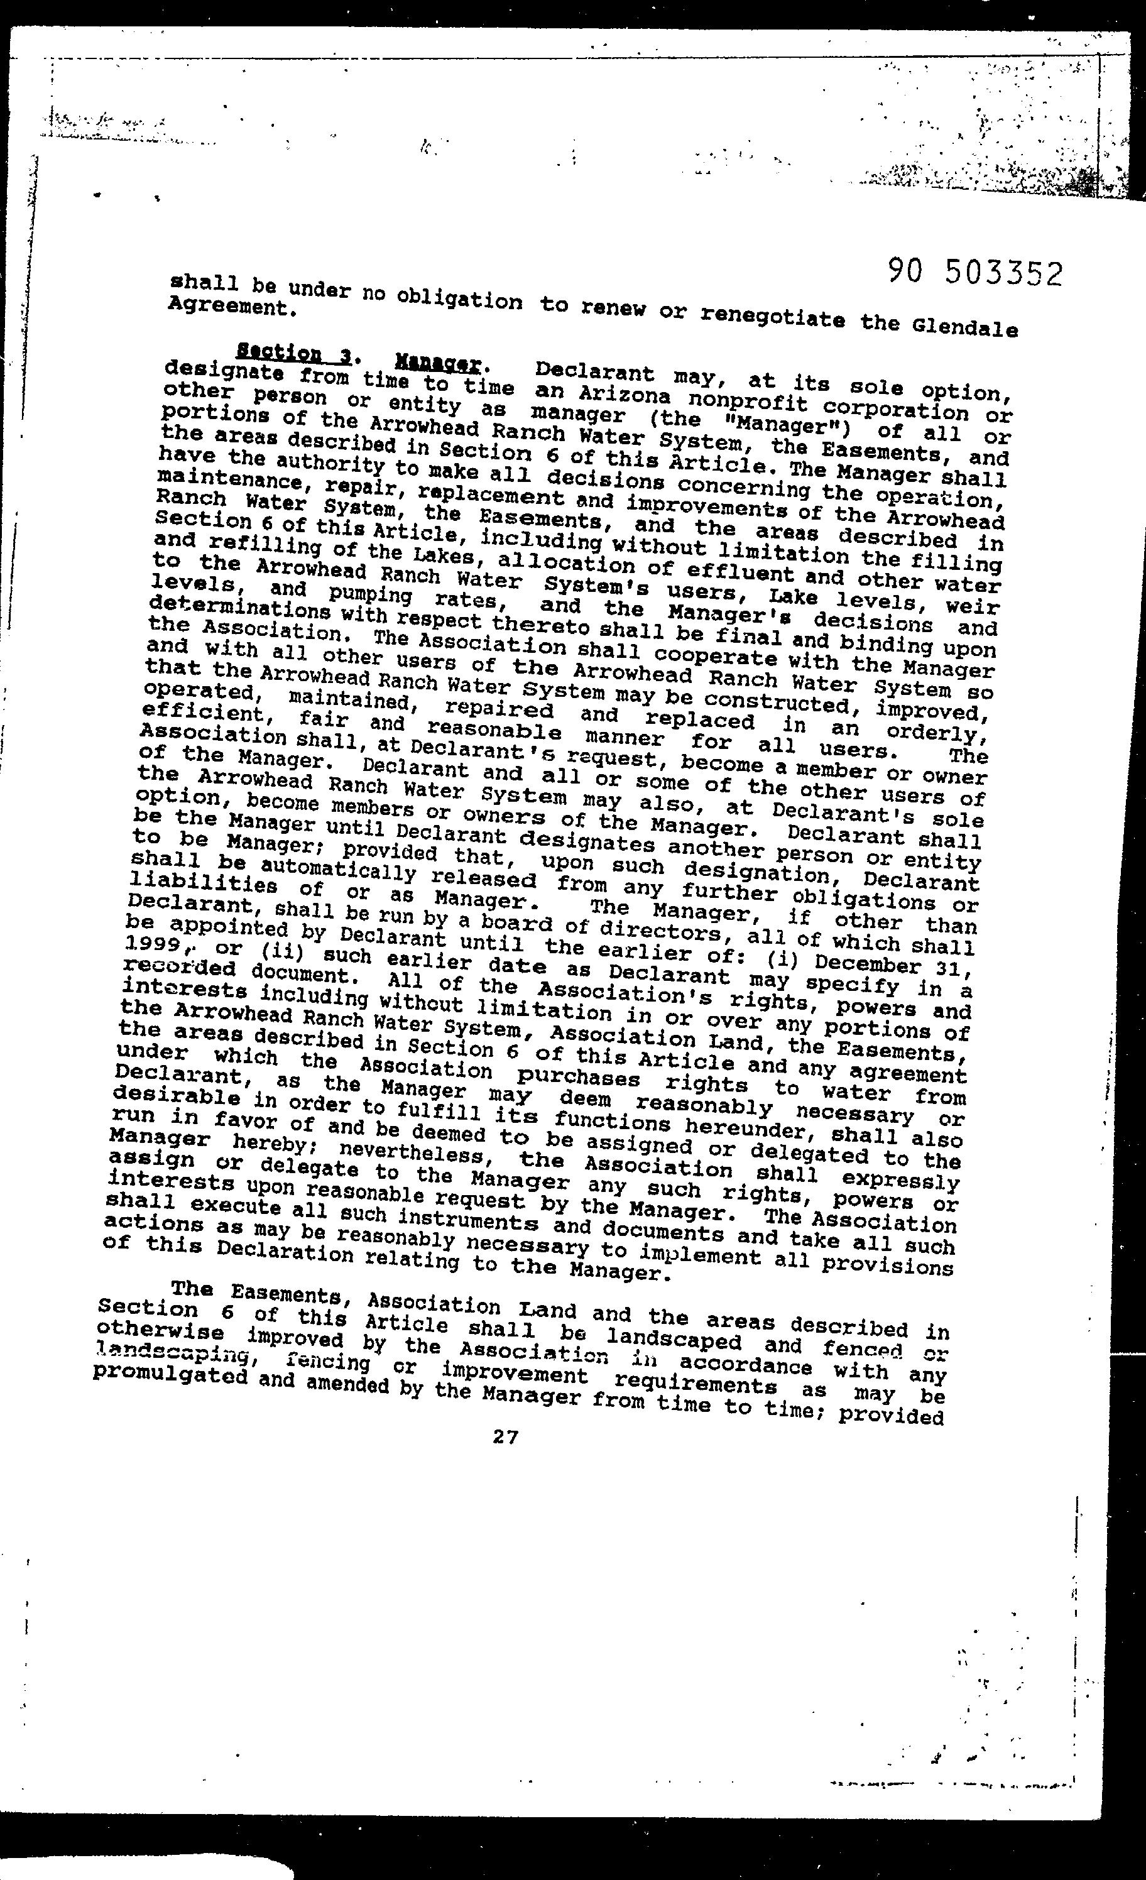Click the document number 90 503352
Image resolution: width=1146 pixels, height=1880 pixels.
(975, 273)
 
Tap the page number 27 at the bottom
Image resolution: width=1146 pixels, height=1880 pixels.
(505, 1436)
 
